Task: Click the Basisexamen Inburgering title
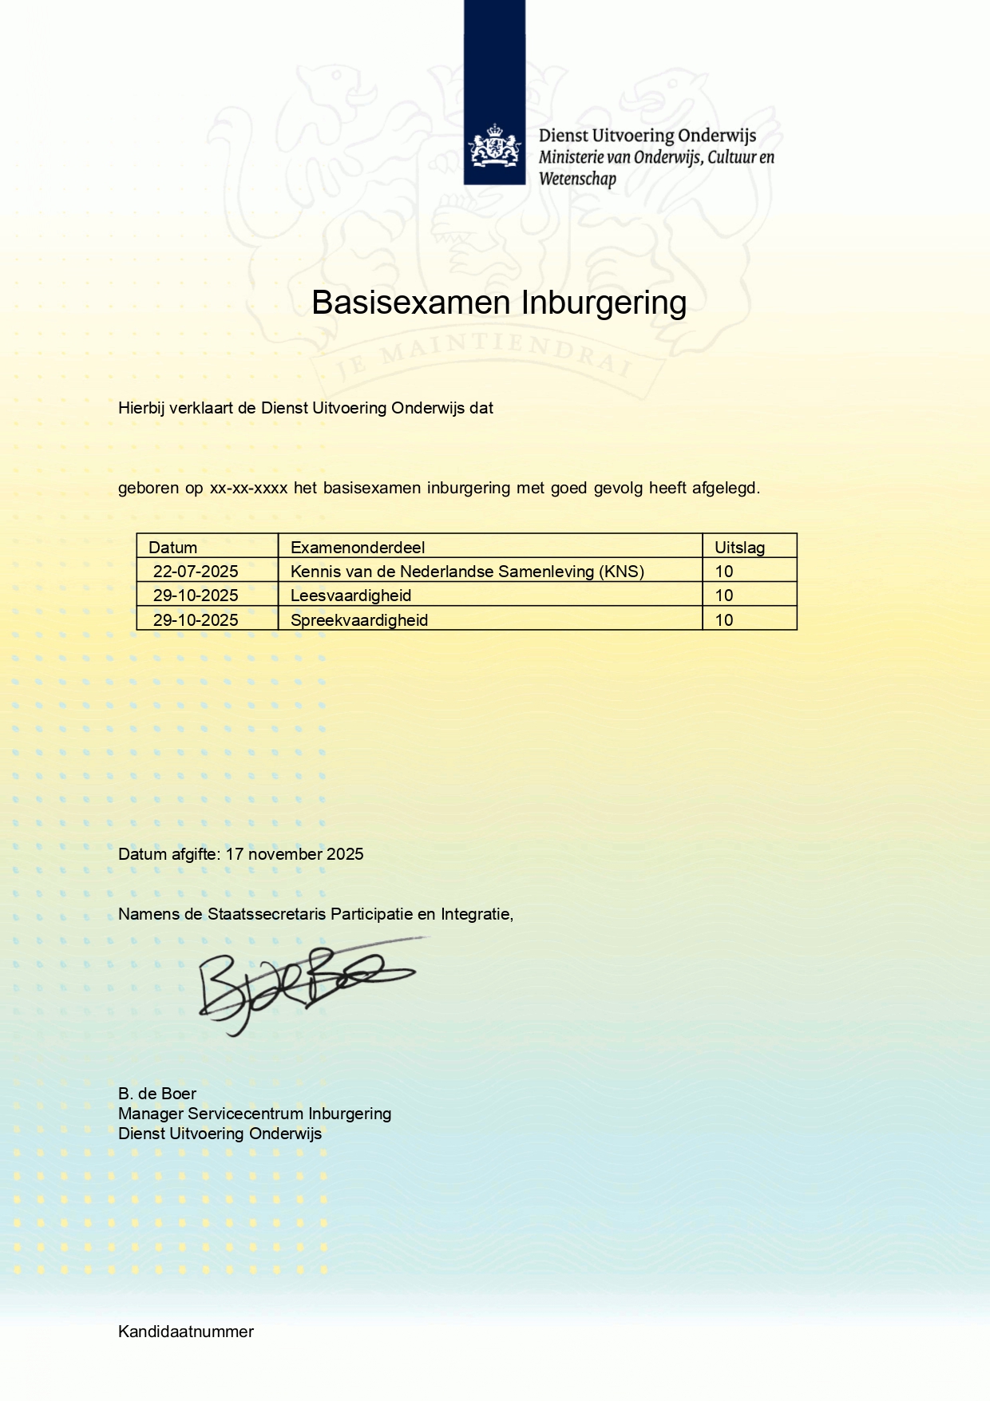tap(499, 303)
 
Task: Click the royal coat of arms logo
tap(494, 146)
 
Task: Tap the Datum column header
tap(173, 548)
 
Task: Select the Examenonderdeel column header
tap(358, 548)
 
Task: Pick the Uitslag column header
tap(739, 548)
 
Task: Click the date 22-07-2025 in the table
tap(196, 572)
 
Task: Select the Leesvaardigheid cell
tap(351, 596)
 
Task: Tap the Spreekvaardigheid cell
tap(359, 620)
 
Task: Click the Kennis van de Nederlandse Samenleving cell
tap(467, 572)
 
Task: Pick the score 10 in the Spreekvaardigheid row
tap(724, 620)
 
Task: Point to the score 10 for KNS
tap(724, 572)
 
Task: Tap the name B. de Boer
tap(157, 1094)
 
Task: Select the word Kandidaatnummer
tap(186, 1332)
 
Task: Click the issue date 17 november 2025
tap(295, 854)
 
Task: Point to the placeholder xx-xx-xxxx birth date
tap(248, 488)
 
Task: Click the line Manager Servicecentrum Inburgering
tap(255, 1114)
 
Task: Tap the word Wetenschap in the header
tap(577, 179)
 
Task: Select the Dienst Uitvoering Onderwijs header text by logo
tap(647, 136)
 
